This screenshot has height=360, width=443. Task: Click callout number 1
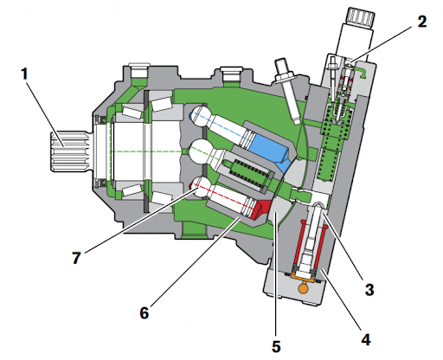coord(25,74)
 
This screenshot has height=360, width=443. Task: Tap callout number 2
coord(421,22)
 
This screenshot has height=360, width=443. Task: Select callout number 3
coord(369,289)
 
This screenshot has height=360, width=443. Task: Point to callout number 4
coord(366,339)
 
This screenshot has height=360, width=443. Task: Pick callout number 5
coord(276,346)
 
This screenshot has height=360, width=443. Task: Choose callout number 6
coord(144,312)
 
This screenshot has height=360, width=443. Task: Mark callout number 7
coord(76,258)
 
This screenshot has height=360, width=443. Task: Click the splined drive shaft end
coord(69,151)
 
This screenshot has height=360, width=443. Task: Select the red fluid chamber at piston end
coord(262,209)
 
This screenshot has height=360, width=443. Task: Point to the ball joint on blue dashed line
coord(201,116)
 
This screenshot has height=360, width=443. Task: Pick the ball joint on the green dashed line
coord(200,151)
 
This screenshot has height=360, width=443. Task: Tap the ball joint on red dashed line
coord(200,187)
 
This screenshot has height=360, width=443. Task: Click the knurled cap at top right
coord(361,18)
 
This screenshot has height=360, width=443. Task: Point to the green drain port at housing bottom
coord(194,229)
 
